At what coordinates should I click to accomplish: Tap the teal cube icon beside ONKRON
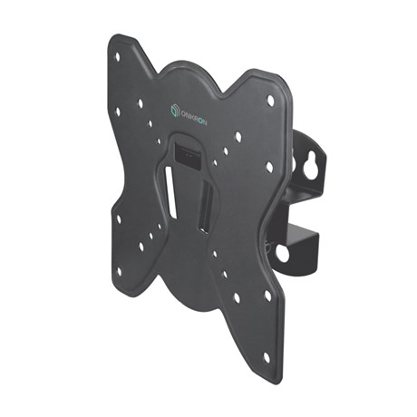[174, 110]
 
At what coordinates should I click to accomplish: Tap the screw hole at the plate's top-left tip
[118, 56]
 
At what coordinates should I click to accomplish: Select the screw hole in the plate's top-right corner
[270, 100]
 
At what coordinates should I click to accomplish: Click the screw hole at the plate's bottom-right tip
[267, 357]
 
